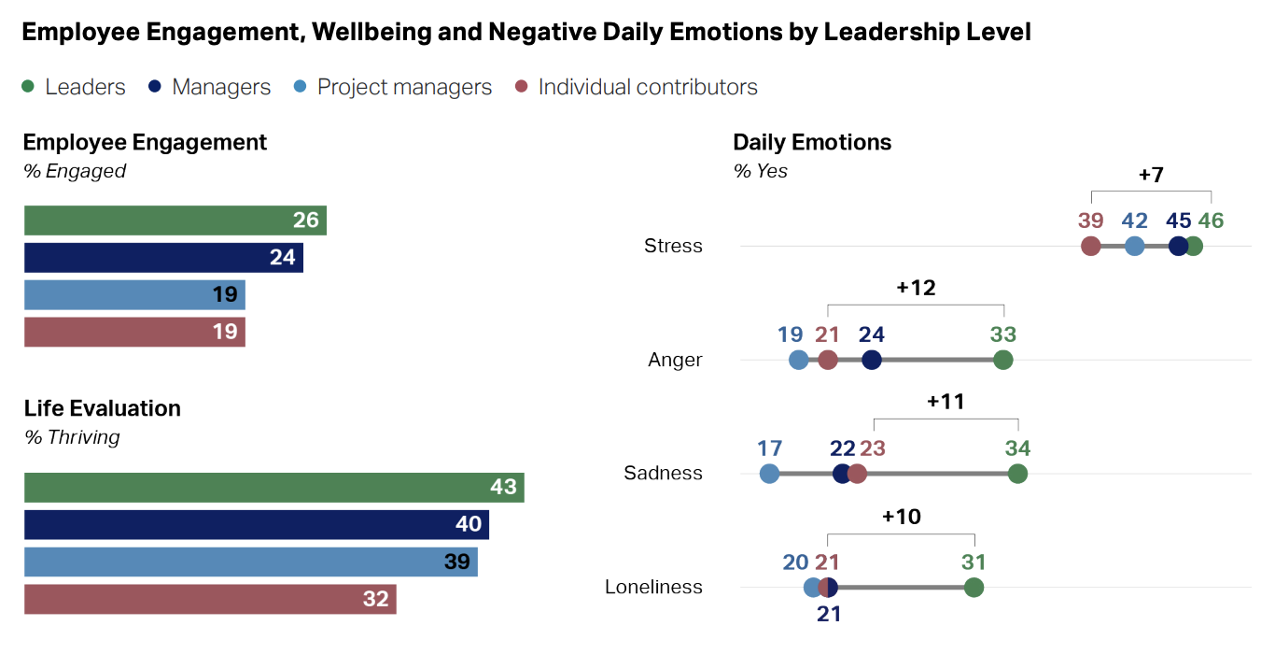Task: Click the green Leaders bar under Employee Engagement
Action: click(175, 220)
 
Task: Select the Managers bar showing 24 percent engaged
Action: click(163, 258)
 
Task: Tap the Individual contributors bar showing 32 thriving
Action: click(210, 600)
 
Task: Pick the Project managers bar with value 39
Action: click(250, 562)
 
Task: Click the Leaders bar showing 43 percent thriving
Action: click(273, 488)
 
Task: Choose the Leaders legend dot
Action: click(28, 87)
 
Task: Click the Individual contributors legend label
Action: click(648, 87)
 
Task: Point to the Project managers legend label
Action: click(404, 87)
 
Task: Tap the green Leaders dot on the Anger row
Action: click(1003, 360)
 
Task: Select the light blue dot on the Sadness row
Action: click(769, 474)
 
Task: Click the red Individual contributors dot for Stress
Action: click(1090, 247)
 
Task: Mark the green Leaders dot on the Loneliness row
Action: click(974, 588)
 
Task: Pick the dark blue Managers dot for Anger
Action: click(872, 360)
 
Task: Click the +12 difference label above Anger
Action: click(916, 288)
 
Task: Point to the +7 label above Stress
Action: click(1151, 175)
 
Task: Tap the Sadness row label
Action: click(663, 474)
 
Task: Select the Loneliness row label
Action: click(653, 588)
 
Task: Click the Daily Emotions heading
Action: click(812, 142)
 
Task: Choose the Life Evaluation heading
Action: click(103, 408)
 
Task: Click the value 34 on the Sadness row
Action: click(1017, 448)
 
